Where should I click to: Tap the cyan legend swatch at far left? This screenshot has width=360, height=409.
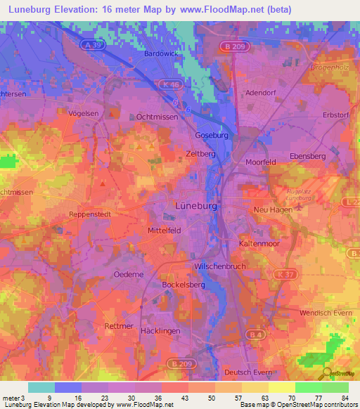[41, 387]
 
